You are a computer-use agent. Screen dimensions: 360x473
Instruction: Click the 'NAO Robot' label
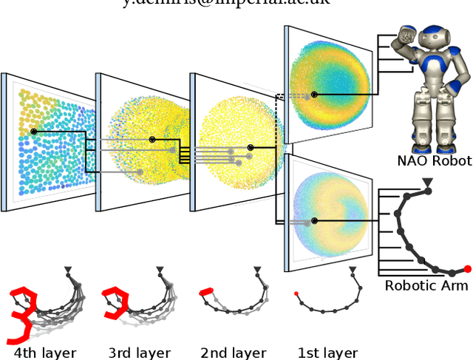tap(434, 161)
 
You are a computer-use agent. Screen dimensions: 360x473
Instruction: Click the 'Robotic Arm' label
tap(421, 286)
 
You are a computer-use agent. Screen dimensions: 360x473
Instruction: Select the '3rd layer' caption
tap(139, 353)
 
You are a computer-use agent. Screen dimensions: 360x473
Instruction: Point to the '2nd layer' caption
tap(233, 353)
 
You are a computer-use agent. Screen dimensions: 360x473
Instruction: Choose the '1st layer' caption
tap(327, 353)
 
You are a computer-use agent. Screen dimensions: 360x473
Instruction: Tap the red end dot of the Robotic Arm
tap(467, 268)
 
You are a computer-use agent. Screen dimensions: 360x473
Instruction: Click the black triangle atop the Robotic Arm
tap(426, 181)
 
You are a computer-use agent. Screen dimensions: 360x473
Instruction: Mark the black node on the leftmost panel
tap(33, 132)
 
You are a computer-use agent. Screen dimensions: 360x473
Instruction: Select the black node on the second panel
tap(152, 139)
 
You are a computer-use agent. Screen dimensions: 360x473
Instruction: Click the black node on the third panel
tap(251, 148)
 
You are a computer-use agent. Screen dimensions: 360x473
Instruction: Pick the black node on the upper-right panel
tap(314, 95)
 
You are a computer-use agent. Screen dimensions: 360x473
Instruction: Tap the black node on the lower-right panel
tap(314, 220)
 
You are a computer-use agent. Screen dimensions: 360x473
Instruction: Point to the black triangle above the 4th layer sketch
tap(68, 270)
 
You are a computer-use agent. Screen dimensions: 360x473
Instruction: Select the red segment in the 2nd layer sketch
tap(206, 292)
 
